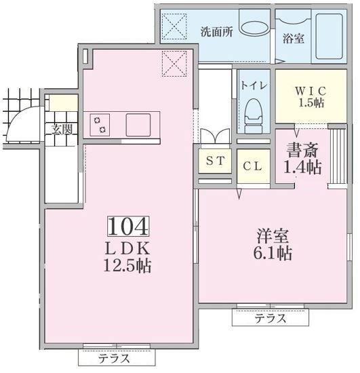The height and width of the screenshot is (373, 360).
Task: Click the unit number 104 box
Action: pyautogui.click(x=128, y=226)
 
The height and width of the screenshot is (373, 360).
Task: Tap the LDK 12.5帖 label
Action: pyautogui.click(x=127, y=257)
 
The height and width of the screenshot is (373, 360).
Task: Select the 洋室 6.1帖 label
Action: pyautogui.click(x=273, y=244)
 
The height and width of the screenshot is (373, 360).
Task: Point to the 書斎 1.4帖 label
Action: pyautogui.click(x=302, y=158)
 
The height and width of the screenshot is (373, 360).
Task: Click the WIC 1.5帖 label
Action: pyautogui.click(x=311, y=97)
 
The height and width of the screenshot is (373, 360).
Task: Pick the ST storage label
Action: pyautogui.click(x=215, y=161)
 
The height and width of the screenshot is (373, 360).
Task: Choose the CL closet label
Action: pyautogui.click(x=252, y=166)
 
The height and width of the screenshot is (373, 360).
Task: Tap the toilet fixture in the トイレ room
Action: pyautogui.click(x=254, y=116)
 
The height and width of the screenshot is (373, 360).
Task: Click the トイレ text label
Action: pyautogui.click(x=254, y=85)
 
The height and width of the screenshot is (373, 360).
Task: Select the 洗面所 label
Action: pyautogui.click(x=217, y=32)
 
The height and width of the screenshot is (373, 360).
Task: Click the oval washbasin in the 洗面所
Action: pyautogui.click(x=255, y=28)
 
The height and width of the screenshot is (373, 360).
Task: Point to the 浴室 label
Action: pyautogui.click(x=294, y=38)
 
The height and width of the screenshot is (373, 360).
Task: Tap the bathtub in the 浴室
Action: pyautogui.click(x=329, y=37)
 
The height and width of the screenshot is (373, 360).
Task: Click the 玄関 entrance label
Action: pyautogui.click(x=62, y=130)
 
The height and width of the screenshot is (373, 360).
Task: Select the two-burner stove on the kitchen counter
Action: pyautogui.click(x=100, y=125)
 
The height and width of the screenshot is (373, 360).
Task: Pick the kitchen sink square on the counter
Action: pyautogui.click(x=138, y=125)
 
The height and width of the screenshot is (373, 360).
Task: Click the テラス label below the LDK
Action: pyautogui.click(x=114, y=358)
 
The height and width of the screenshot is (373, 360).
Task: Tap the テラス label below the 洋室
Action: pyautogui.click(x=271, y=318)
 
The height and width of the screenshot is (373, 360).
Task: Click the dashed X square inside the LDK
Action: pyautogui.click(x=174, y=64)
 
